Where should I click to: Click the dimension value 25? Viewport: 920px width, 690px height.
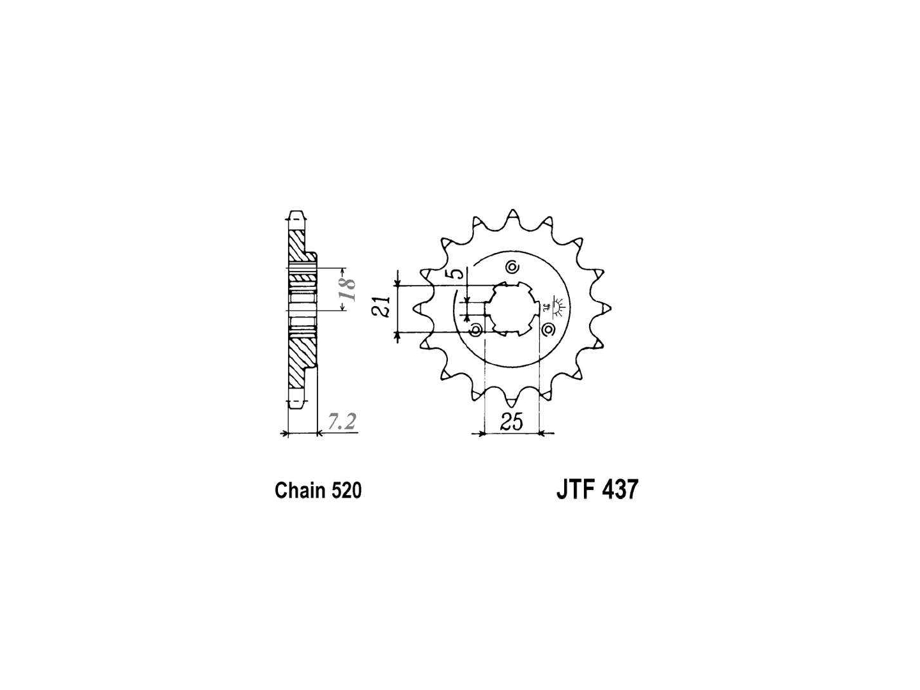point(511,422)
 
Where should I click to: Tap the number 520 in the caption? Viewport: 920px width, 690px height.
point(346,491)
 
